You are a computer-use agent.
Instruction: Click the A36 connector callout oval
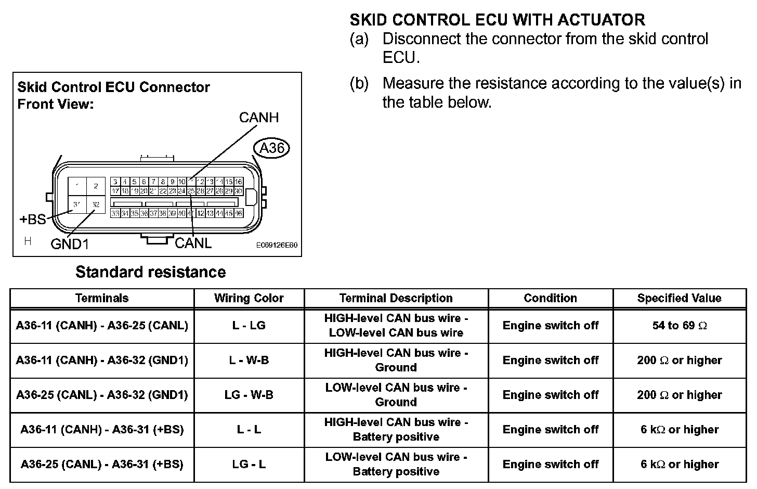[x=271, y=148]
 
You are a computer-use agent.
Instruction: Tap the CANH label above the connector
[x=258, y=118]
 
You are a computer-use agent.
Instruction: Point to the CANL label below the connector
[x=193, y=243]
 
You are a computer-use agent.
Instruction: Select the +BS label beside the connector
[x=32, y=220]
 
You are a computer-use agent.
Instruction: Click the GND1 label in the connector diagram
[x=70, y=243]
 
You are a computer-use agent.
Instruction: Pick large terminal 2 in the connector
[x=96, y=186]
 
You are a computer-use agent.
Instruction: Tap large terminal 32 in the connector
[x=96, y=204]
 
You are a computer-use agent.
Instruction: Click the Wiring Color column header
[x=249, y=298]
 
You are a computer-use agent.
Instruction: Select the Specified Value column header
[x=679, y=298]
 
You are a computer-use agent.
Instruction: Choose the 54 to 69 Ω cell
[x=679, y=326]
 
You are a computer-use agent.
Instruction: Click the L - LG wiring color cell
[x=249, y=326]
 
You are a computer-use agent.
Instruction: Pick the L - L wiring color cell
[x=249, y=430]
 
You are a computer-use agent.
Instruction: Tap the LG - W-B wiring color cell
[x=249, y=395]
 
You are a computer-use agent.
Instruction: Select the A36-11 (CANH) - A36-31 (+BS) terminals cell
[x=102, y=430]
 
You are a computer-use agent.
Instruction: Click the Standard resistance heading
[x=151, y=272]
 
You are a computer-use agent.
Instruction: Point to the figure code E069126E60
[x=277, y=246]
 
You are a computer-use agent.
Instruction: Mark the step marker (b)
[x=359, y=83]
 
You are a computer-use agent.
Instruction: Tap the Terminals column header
[x=102, y=298]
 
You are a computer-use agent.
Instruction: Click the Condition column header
[x=550, y=298]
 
